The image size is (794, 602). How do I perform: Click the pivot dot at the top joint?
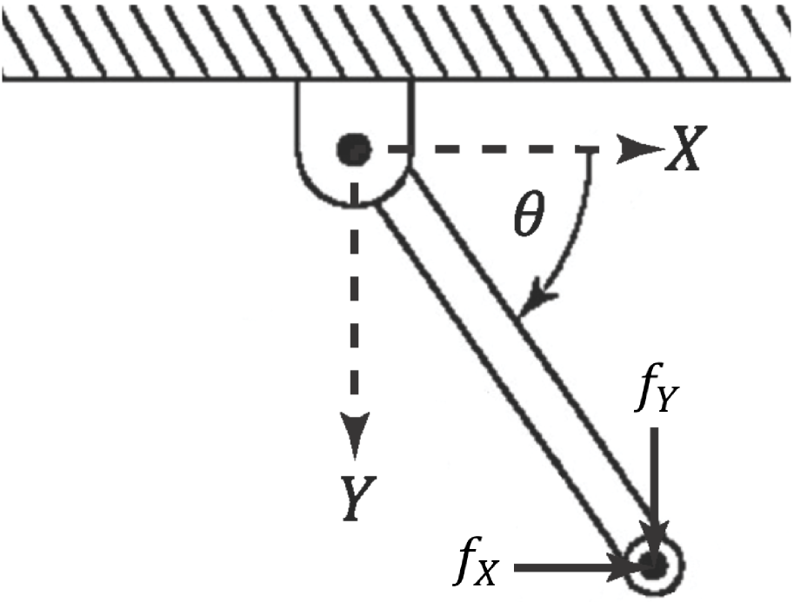[354, 151]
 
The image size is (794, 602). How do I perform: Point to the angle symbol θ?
[528, 220]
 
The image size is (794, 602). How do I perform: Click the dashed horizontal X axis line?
[487, 151]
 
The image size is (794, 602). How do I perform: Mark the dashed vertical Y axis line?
[355, 304]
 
